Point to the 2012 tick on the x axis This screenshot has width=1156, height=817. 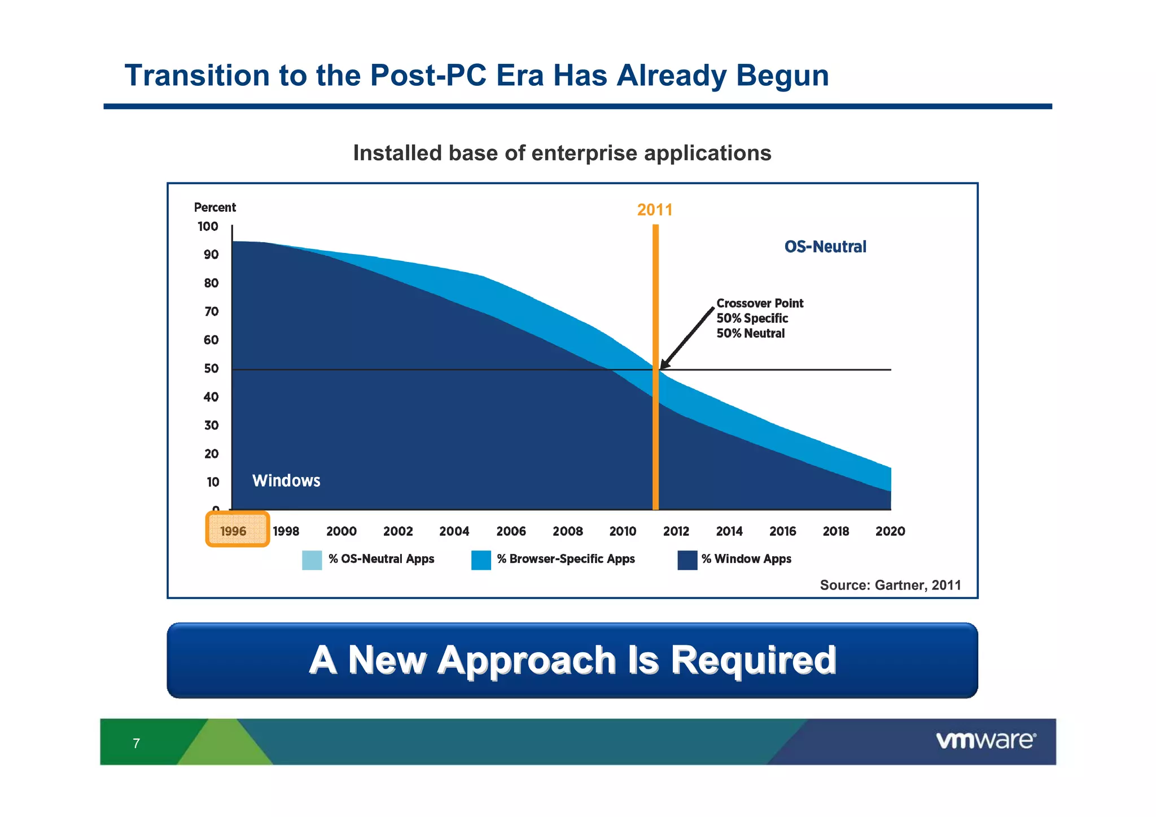(x=676, y=531)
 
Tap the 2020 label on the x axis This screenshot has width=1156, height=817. (x=890, y=531)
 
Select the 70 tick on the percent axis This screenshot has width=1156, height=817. (x=211, y=312)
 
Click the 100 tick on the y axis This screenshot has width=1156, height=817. (x=208, y=226)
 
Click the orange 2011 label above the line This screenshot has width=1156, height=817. (x=655, y=210)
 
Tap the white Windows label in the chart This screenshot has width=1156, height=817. (x=286, y=480)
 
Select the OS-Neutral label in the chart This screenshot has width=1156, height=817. (x=825, y=247)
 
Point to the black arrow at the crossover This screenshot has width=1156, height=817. (x=686, y=339)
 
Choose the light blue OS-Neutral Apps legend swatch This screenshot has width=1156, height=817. (x=312, y=560)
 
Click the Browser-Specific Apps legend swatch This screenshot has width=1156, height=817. (x=481, y=560)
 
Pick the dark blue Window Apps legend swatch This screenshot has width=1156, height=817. (x=687, y=560)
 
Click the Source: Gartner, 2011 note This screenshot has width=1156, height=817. (x=890, y=585)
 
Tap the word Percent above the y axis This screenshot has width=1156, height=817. (x=214, y=207)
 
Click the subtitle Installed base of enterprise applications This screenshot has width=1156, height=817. (x=562, y=153)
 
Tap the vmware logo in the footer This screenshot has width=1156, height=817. (x=986, y=740)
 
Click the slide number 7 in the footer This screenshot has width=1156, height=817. (x=136, y=743)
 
